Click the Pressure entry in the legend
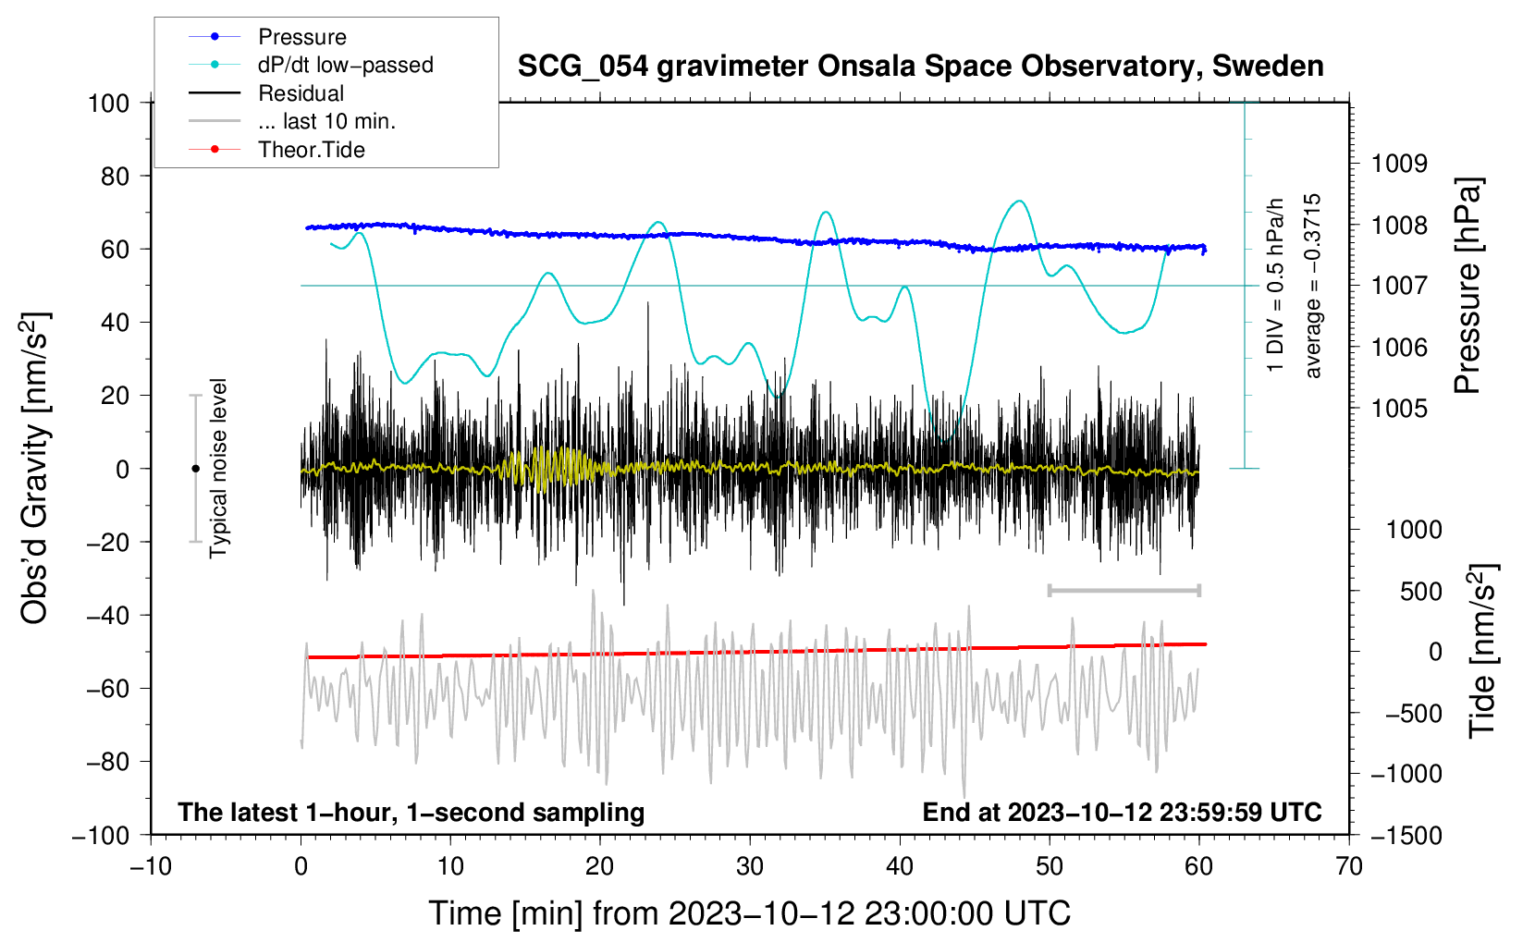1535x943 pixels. (302, 36)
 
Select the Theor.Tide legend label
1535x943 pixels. (311, 150)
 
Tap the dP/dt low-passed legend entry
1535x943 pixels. (346, 65)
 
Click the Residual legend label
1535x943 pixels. (301, 93)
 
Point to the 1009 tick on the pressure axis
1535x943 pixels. (1399, 164)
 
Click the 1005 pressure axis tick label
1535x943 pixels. (1399, 410)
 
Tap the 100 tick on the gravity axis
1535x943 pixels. (108, 104)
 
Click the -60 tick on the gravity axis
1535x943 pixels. (108, 689)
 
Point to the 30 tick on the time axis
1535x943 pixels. (750, 867)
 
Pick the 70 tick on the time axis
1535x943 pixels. (1348, 867)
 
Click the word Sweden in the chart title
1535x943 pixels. (1268, 67)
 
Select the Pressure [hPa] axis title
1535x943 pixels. (1467, 286)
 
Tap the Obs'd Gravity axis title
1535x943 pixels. (34, 468)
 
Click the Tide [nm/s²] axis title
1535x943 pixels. (1482, 651)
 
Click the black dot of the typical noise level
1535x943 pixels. (195, 469)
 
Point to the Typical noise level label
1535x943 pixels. (218, 468)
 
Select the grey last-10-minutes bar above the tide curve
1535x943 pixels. (1124, 590)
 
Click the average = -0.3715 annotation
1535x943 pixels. (1312, 286)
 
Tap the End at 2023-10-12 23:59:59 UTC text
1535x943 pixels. (1122, 812)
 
